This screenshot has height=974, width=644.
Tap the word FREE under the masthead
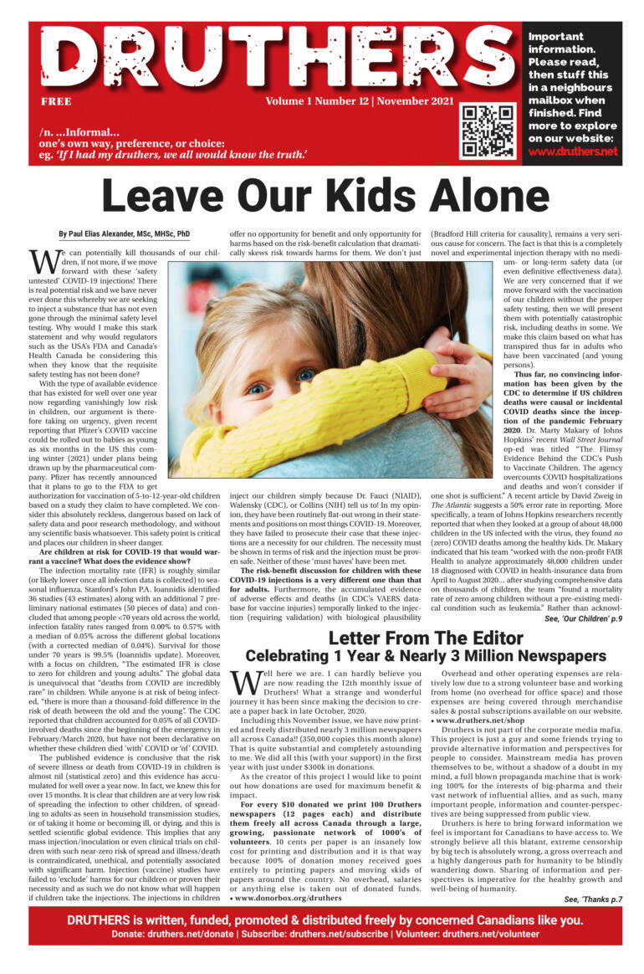pyautogui.click(x=55, y=102)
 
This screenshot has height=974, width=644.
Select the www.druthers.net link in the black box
pyautogui.click(x=572, y=151)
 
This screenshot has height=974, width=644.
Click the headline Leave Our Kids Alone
pyautogui.click(x=321, y=197)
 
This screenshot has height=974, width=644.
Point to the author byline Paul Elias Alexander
pyautogui.click(x=125, y=234)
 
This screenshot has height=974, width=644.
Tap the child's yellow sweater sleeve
pyautogui.click(x=335, y=418)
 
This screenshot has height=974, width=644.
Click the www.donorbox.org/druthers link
pyautogui.click(x=289, y=898)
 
